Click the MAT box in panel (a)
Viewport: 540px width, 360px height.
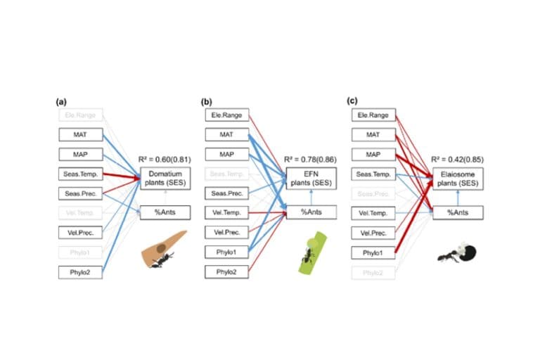tap(80, 134)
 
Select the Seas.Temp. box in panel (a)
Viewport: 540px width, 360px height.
tap(80, 173)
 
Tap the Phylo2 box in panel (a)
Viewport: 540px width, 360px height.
tap(80, 271)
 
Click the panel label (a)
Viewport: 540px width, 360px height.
tap(62, 101)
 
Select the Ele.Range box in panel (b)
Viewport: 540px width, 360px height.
tap(227, 115)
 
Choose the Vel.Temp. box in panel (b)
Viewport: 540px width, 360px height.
tap(227, 212)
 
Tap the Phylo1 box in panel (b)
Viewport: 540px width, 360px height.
tap(227, 252)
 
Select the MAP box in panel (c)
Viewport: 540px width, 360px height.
tap(373, 154)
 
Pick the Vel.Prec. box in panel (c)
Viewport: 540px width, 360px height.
tap(373, 232)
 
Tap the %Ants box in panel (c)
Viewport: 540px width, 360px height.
tap(458, 212)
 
